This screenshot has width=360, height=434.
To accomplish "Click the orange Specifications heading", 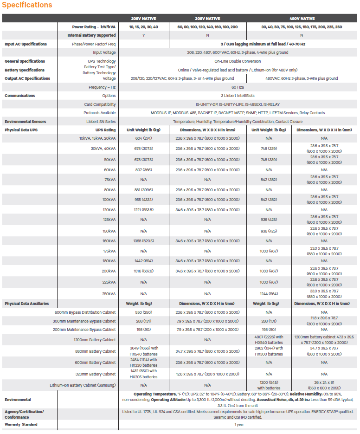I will point(27,5).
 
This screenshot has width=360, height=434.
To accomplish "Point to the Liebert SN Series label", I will point(101,122).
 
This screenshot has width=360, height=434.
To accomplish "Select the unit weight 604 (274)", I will point(144,138).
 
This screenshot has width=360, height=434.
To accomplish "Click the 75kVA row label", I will point(109,179).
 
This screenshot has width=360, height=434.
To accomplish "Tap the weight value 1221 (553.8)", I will point(144,210).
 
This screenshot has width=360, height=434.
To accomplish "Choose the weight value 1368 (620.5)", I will point(144,241).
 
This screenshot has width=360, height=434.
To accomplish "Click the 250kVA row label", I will point(108,294).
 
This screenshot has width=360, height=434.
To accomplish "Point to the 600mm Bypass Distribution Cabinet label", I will point(85,312).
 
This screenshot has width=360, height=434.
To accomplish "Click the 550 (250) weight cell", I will point(144,312).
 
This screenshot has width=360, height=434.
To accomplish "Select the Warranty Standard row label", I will point(21,424).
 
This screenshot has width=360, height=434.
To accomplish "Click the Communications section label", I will point(19,96).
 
